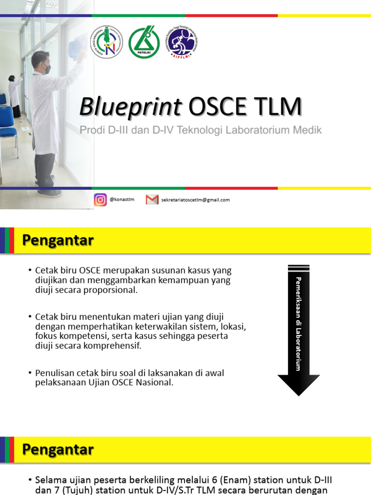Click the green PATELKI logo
point(144,42)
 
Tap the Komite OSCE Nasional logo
point(106,42)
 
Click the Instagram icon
point(100,200)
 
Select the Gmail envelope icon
point(152,200)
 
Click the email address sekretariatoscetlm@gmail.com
point(195,200)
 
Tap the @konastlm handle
point(122,200)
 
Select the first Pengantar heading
point(58,241)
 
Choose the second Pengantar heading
point(58,450)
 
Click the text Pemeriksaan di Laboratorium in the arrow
point(299,324)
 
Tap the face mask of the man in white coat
point(47,69)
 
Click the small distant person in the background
point(14,94)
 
